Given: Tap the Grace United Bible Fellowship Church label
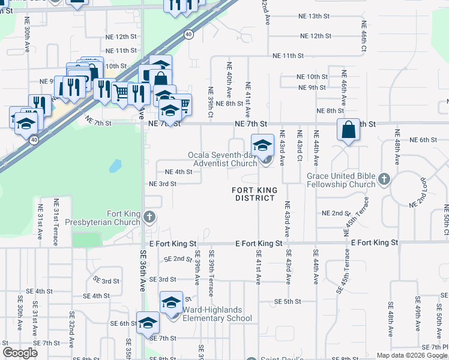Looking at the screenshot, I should coord(341,180).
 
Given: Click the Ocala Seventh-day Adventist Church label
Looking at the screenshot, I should coord(223,158).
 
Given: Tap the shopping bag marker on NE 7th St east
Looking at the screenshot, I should coord(349,130).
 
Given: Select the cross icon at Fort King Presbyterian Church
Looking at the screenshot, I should coord(149,217).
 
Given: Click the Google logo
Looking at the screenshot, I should coord(20,352).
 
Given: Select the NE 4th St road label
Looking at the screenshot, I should coord(178,172).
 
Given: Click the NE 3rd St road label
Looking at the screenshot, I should coord(162,184).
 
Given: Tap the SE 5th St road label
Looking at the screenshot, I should coord(287,301).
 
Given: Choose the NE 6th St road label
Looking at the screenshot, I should coord(424,140).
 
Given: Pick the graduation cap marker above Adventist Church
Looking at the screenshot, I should coord(262,145).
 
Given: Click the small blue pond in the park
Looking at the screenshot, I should coord(115,164).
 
